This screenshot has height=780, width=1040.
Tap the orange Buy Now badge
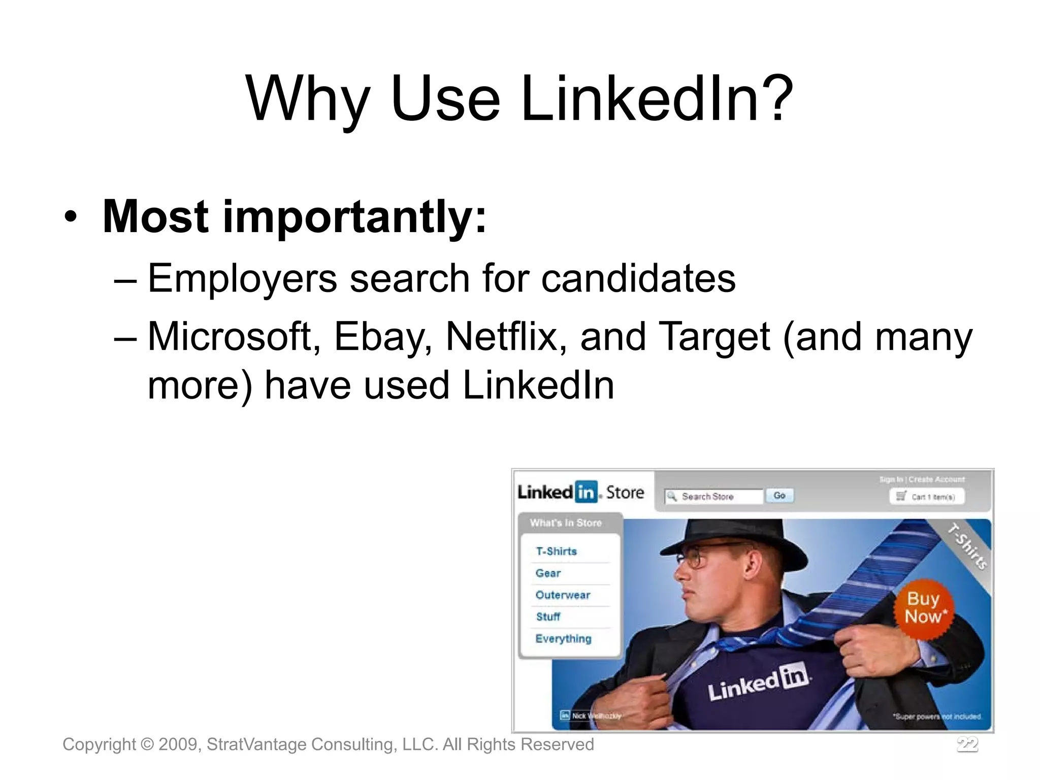pos(924,608)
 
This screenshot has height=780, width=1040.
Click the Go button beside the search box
pos(779,496)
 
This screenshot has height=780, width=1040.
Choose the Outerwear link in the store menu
pos(563,595)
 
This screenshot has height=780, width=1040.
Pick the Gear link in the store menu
pos(548,573)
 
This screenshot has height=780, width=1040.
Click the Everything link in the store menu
pos(563,639)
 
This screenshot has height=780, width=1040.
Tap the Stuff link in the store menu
pos(548,617)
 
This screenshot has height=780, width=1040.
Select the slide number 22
pos(967,744)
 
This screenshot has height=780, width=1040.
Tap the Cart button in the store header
pos(927,497)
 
